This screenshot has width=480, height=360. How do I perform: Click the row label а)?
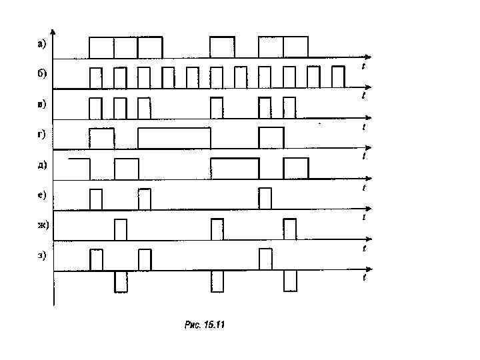pos(41,45)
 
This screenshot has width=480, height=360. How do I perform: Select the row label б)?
pos(41,74)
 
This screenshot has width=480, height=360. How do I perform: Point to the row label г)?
pos(41,134)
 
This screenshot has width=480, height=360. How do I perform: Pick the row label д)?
pos(41,165)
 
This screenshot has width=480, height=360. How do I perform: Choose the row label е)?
pos(41,195)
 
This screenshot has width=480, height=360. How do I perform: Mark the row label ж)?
pos(43,225)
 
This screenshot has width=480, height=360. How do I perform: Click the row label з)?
pos(41,256)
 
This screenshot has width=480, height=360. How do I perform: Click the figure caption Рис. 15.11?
pos(205,325)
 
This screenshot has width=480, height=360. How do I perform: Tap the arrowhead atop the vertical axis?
pos(54,31)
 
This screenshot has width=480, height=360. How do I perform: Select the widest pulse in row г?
pos(174,138)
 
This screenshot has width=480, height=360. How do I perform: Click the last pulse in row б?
pos(338,77)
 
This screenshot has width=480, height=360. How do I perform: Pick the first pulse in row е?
pos(96,199)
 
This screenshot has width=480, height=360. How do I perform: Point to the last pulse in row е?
pos(265,199)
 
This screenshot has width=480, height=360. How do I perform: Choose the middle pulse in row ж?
pos(217,229)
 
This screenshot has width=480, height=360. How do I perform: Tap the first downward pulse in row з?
pos(121,281)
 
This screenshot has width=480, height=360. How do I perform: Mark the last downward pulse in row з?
pos(290,281)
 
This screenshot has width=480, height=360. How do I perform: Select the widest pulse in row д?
pos(235,168)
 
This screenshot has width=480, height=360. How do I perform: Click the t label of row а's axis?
pos(363,66)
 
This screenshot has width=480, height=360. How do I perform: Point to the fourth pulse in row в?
pos(216,107)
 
